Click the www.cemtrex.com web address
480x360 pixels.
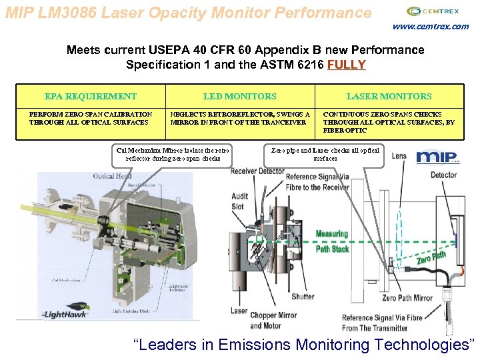tap(430, 27)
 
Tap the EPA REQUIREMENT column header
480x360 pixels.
tap(90, 97)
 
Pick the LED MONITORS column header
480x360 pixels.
tap(239, 97)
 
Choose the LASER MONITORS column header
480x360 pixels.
tap(389, 97)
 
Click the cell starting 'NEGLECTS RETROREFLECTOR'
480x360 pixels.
tap(239, 118)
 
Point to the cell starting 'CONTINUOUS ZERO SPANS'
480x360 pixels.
tap(389, 122)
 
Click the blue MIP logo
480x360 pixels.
tap(437, 158)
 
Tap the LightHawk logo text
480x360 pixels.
tap(65, 314)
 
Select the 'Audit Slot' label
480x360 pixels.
tap(240, 201)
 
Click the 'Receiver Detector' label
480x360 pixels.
tap(257, 171)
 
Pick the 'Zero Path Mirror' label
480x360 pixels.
tap(407, 297)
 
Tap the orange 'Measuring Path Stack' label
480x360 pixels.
tap(332, 241)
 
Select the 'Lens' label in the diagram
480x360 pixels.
tap(399, 156)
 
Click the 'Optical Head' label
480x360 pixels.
tap(112, 176)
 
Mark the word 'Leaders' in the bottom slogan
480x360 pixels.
tap(173, 345)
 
